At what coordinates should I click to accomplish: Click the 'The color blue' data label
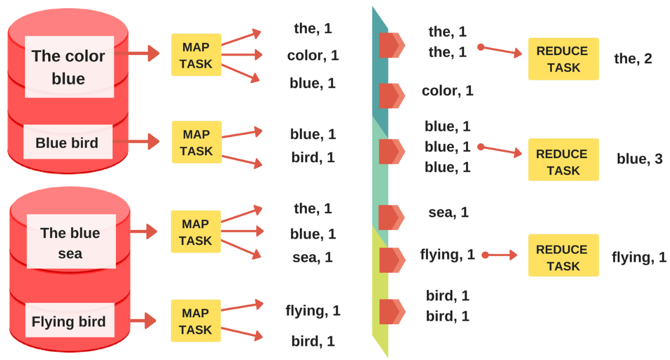[x=68, y=67]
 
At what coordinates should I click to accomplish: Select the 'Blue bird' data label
[x=67, y=142]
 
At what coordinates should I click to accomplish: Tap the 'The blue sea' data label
[x=70, y=243]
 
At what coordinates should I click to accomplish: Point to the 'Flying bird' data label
[x=69, y=321]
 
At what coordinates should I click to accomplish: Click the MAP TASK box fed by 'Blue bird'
[x=196, y=142]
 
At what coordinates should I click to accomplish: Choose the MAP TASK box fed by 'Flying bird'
[x=196, y=321]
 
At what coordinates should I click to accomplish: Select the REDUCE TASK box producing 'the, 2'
[x=563, y=59]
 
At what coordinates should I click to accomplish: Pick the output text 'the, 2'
[x=633, y=58]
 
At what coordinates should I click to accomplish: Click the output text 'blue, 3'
[x=640, y=159]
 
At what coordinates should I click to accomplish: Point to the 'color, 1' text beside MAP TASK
[x=313, y=56]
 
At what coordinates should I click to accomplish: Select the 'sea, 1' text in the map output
[x=313, y=257]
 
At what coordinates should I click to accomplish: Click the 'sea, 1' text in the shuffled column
[x=448, y=212]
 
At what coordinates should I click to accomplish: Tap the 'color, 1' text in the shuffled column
[x=448, y=91]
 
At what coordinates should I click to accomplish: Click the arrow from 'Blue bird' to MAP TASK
[x=144, y=142]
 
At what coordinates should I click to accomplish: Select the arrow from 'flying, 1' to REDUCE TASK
[x=500, y=254]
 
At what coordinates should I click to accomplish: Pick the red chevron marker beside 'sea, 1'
[x=391, y=217]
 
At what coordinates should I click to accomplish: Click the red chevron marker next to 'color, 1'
[x=391, y=95]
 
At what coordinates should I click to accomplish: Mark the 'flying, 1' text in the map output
[x=313, y=311]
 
